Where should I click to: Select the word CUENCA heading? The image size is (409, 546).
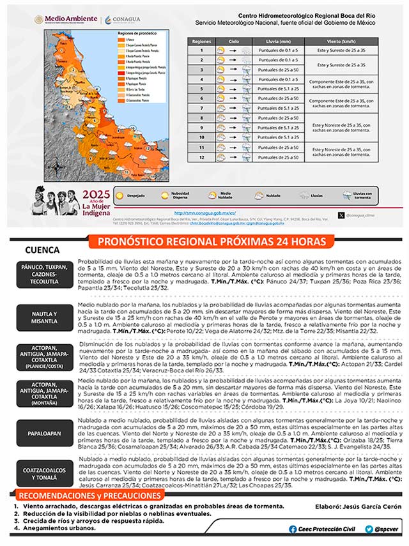[x=42, y=250]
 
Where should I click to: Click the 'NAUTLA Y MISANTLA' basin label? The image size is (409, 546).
[x=45, y=317]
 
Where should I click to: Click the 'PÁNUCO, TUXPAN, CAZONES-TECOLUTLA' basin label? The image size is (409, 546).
[x=45, y=274]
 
